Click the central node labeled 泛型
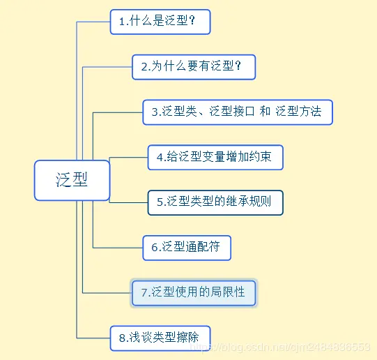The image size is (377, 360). click(72, 180)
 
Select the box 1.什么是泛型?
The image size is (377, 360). click(160, 22)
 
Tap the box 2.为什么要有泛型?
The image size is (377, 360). click(194, 67)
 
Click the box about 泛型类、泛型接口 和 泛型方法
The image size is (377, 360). click(238, 112)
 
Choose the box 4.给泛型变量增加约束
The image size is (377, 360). click(215, 157)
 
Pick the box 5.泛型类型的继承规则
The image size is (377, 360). click(215, 202)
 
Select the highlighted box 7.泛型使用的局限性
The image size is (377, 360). click(193, 293)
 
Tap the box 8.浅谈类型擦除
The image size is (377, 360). click(160, 338)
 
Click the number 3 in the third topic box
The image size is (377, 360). click(155, 112)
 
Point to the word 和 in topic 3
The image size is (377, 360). click(265, 112)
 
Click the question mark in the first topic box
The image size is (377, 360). click(192, 22)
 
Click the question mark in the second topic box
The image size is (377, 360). click(238, 67)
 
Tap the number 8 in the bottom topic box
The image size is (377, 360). click(122, 338)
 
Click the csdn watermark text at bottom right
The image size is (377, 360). click(293, 346)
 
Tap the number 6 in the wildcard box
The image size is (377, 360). click(155, 247)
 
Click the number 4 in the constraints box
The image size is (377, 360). click(160, 157)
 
